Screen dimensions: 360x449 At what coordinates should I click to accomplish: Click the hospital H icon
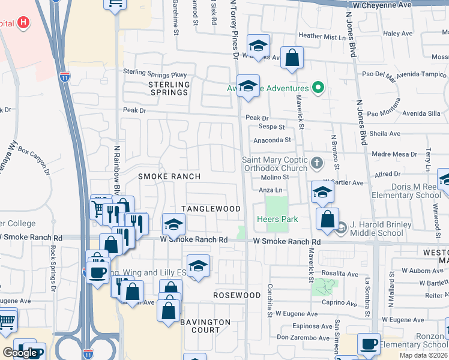pyautogui.click(x=23, y=23)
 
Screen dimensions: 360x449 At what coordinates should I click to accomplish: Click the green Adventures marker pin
pyautogui.click(x=318, y=89)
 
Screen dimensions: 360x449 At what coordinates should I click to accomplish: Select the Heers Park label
pyautogui.click(x=277, y=219)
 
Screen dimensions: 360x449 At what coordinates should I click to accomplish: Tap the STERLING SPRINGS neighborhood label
pyautogui.click(x=169, y=88)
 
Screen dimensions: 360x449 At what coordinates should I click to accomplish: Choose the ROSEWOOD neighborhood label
pyautogui.click(x=237, y=296)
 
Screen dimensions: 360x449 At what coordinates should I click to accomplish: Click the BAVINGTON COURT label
pyautogui.click(x=205, y=326)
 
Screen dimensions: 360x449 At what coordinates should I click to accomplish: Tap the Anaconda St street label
pyautogui.click(x=273, y=140)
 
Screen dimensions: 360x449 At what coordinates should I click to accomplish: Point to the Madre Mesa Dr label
pyautogui.click(x=390, y=154)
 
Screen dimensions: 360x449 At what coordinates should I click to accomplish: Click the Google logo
pyautogui.click(x=20, y=352)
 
